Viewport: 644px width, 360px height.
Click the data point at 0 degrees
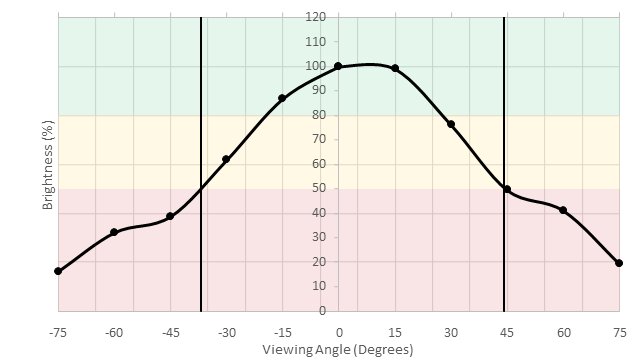point(338,66)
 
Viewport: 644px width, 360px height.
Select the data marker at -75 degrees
point(58,271)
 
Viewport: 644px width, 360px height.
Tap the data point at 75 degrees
point(619,263)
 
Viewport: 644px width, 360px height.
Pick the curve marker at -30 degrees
point(226,159)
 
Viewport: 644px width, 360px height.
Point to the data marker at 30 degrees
point(451,124)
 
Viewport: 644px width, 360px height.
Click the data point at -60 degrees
point(114,232)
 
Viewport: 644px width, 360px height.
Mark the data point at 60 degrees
point(563,210)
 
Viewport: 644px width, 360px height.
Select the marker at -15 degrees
point(282,98)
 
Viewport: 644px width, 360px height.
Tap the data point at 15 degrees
point(395,68)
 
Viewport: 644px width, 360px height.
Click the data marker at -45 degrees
point(170,216)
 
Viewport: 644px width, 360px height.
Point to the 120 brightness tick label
point(316,17)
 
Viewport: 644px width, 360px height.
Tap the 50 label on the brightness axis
point(316,188)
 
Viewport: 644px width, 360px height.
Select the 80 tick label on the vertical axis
point(316,115)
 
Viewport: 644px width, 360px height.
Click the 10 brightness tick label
point(316,286)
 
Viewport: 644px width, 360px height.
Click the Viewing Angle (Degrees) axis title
point(337,350)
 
